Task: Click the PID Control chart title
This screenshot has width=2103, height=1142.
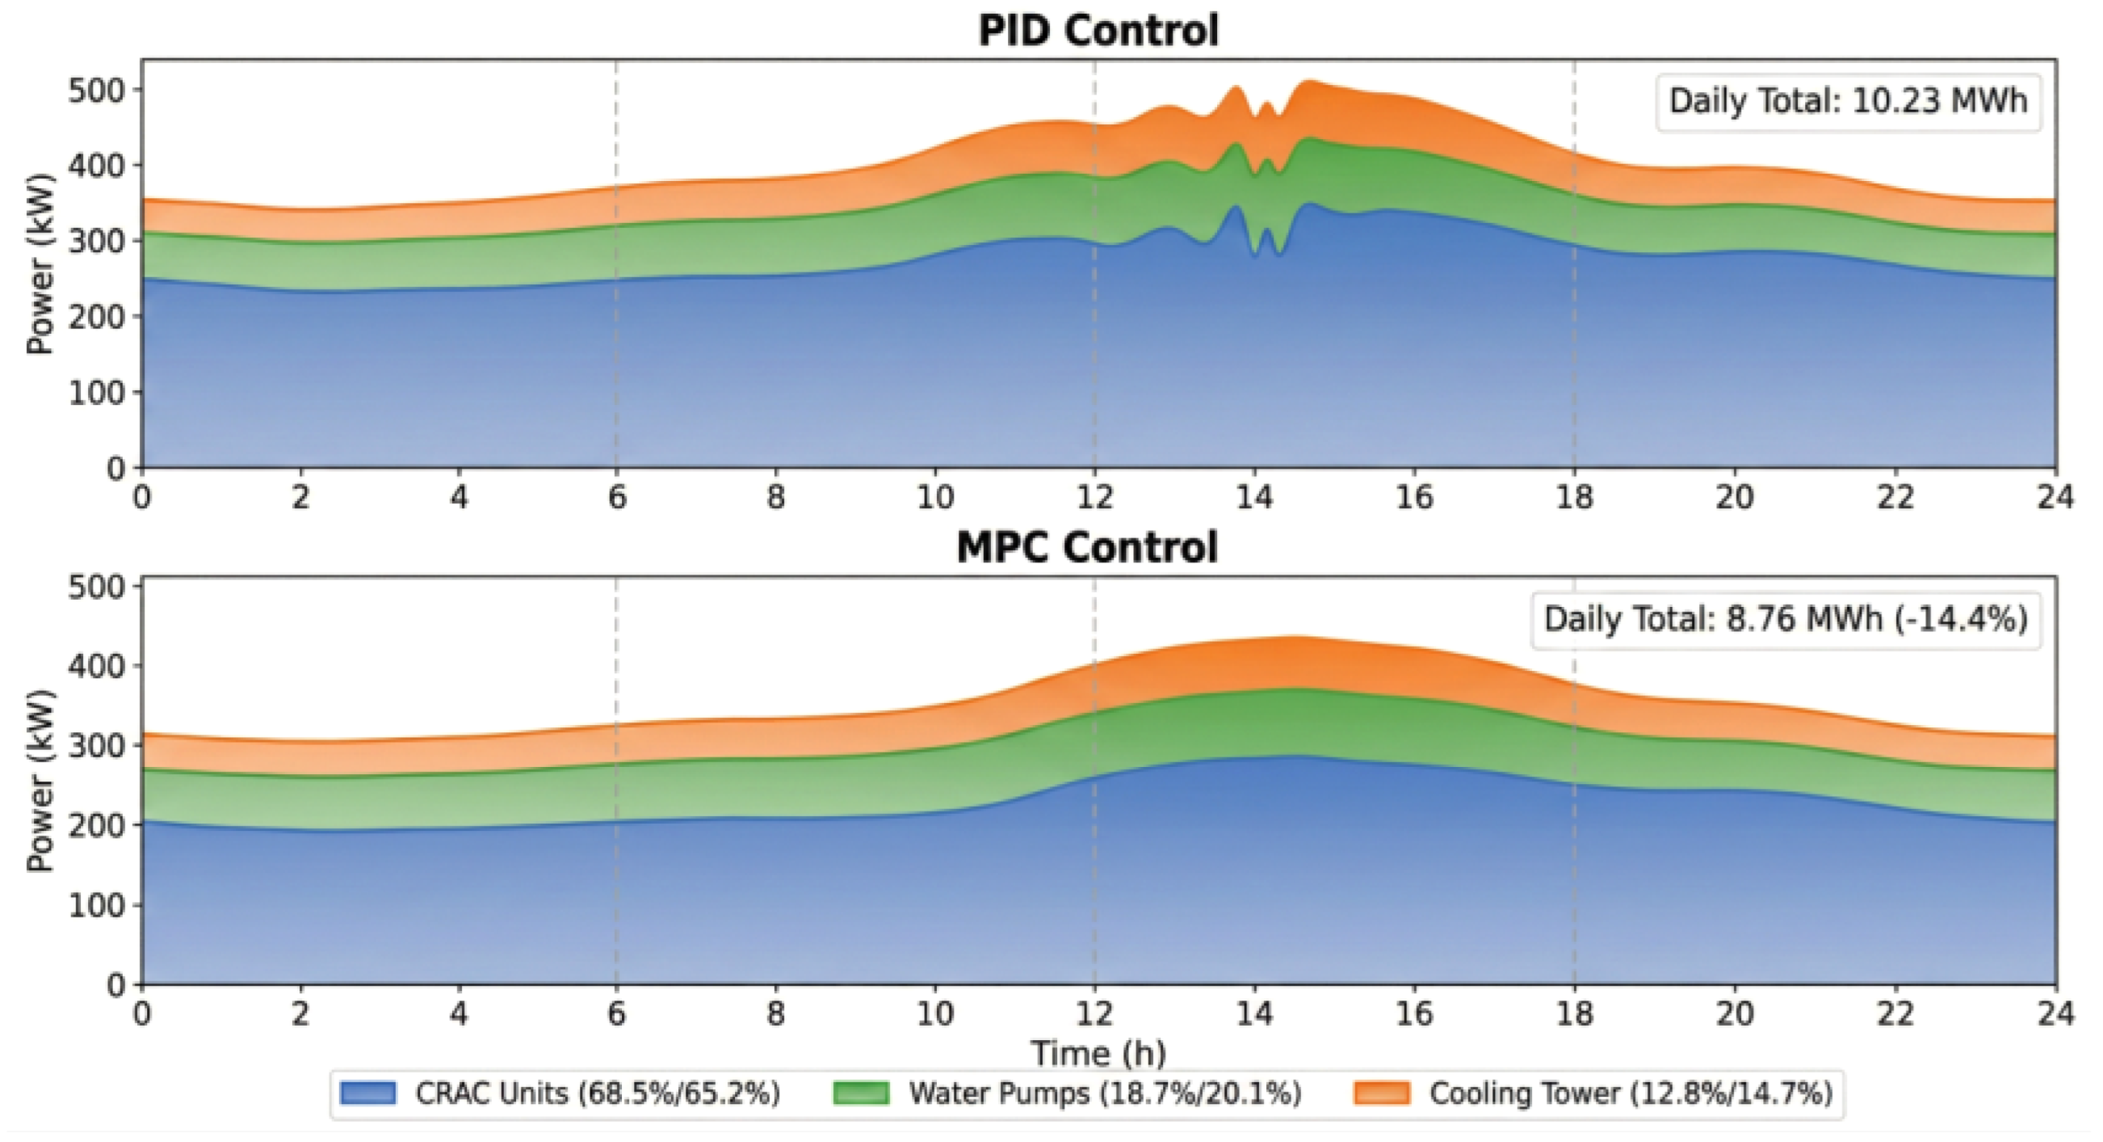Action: click(1098, 31)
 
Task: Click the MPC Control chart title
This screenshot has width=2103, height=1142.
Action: click(1086, 547)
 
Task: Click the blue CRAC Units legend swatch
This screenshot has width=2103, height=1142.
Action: click(368, 1093)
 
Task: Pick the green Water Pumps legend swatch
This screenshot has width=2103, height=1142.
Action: click(860, 1093)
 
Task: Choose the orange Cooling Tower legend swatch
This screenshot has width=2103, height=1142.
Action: click(1381, 1093)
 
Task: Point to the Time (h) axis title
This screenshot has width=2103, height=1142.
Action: click(1098, 1053)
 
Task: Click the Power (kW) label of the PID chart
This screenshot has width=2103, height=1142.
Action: click(40, 263)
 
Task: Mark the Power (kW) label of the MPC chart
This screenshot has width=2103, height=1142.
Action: click(40, 781)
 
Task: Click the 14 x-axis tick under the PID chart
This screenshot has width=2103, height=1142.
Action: click(1254, 497)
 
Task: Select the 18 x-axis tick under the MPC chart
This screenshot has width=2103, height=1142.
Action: click(1574, 1013)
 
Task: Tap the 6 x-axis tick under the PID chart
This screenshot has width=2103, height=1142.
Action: click(616, 497)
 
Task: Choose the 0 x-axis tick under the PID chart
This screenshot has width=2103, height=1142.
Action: click(142, 497)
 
